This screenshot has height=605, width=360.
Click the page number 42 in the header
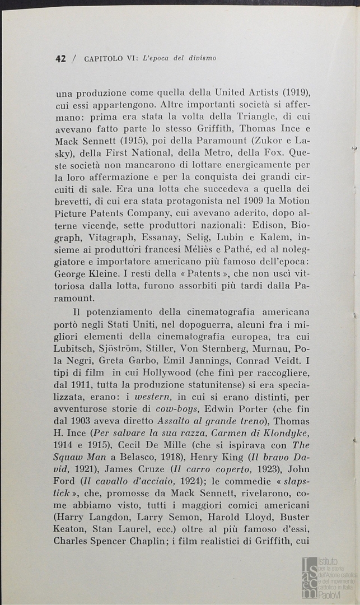click(60, 58)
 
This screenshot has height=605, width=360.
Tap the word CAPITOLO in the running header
click(104, 58)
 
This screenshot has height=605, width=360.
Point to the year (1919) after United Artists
click(296, 92)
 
